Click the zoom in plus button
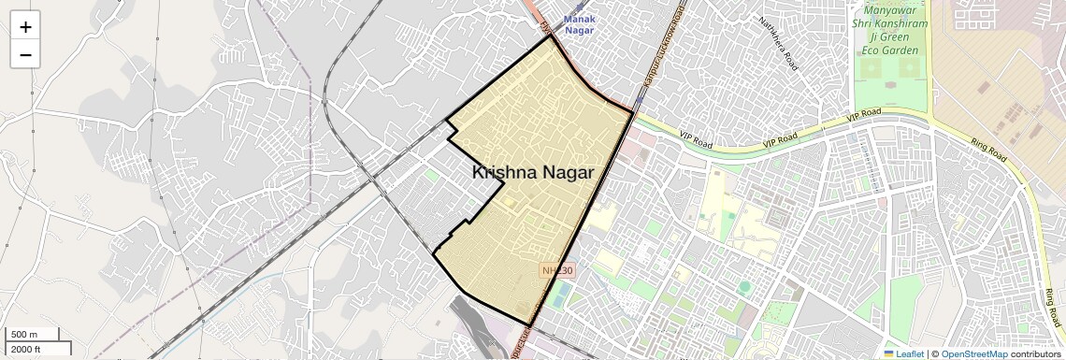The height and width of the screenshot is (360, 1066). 25,26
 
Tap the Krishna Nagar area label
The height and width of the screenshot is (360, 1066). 532,172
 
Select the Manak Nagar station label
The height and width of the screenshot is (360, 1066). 585,24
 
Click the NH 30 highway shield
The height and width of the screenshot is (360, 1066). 558,270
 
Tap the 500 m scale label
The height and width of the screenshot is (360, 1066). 24,335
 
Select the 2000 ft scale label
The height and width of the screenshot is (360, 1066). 26,349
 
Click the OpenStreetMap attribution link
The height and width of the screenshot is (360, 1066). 973,353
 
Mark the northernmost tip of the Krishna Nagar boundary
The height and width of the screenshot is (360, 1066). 550,36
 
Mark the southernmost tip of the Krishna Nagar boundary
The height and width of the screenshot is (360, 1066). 531,325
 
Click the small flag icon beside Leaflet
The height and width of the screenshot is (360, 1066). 889,353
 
